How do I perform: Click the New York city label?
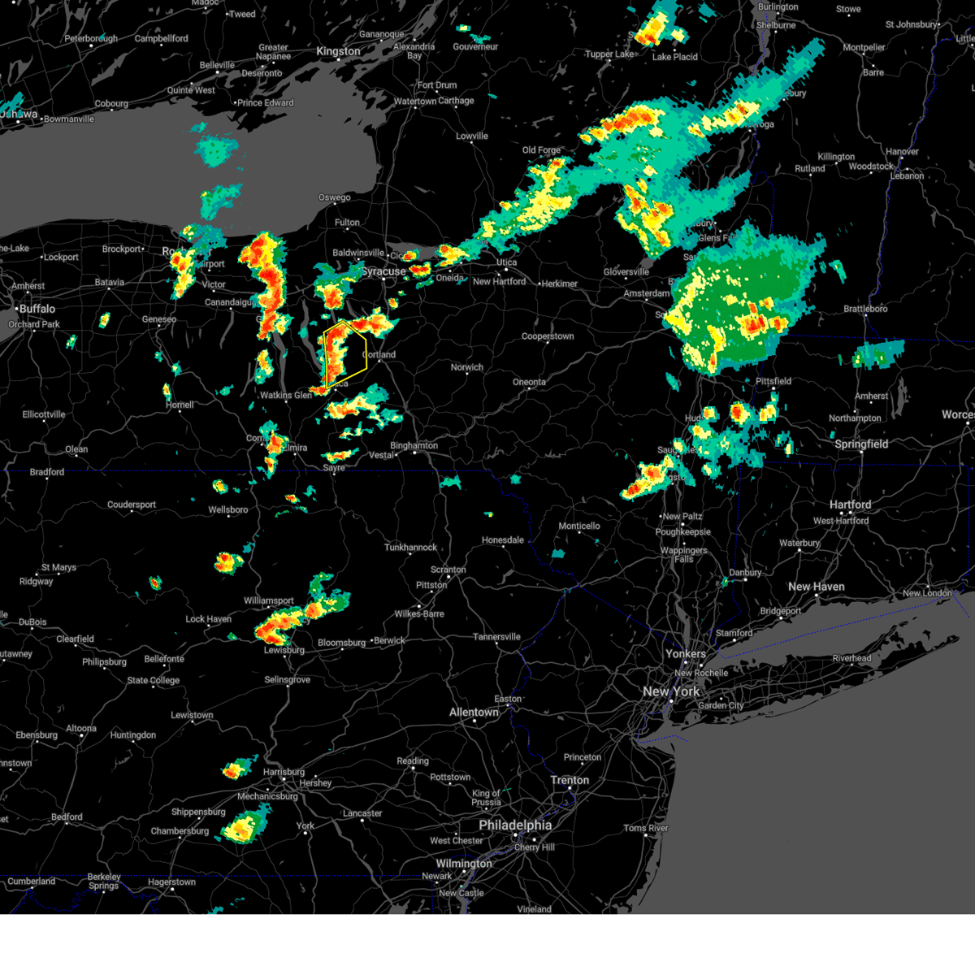pos(671,691)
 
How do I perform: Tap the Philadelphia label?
pos(515,825)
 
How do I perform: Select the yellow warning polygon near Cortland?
pos(345,353)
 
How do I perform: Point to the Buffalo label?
pos(37,309)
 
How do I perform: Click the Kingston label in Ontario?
pos(338,51)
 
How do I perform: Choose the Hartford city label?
pos(850,505)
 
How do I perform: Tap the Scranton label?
pos(448,570)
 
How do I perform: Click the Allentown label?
pos(474,713)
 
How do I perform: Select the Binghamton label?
pos(414,445)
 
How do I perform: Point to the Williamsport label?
pos(269,601)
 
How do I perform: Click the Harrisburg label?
pos(284,772)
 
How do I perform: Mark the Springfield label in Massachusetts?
pos(861,444)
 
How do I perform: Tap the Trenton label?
pos(570,780)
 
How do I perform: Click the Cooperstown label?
pos(548,336)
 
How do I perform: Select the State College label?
pos(153,681)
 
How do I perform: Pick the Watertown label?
pos(414,102)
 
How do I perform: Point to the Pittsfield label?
pos(773,381)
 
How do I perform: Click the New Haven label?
pos(816,587)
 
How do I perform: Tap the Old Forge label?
pos(541,150)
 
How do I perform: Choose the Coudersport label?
pos(132,505)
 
